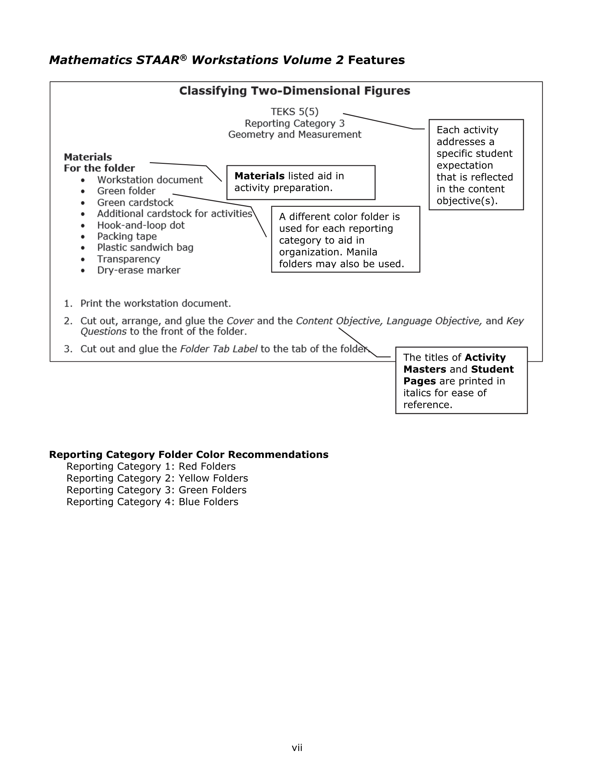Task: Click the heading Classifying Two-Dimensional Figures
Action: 294,91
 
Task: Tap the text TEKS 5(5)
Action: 294,112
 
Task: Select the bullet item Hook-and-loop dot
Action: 141,225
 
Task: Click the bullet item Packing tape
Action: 127,236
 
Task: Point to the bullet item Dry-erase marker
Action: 139,270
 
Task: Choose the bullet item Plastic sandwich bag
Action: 145,247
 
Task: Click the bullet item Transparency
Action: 129,259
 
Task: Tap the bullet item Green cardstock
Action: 135,203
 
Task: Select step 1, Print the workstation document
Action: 155,303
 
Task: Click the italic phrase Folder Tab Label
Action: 219,349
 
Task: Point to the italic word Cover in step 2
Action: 240,321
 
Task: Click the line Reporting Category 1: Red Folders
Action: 151,467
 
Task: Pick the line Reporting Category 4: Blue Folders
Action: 152,502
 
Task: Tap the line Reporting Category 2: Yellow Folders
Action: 157,478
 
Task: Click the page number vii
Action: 297,748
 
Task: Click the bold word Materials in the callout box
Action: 259,176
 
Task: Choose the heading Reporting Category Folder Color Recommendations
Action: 188,455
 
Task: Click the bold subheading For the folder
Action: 99,168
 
